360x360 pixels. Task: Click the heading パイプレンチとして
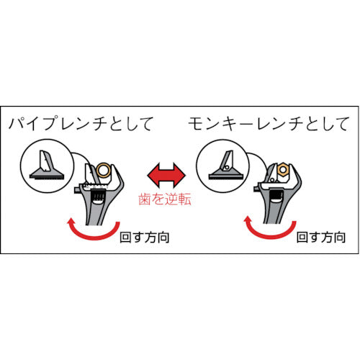(x=81, y=123)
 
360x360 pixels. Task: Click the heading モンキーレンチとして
(x=268, y=124)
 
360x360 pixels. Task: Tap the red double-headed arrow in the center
(x=166, y=176)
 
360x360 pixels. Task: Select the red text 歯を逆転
(x=165, y=199)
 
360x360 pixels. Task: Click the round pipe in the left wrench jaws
(x=104, y=171)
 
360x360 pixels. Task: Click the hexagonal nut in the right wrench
(x=283, y=169)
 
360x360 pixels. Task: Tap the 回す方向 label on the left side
(x=145, y=238)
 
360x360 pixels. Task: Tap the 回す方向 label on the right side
(x=321, y=238)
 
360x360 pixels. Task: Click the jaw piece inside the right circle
(x=225, y=166)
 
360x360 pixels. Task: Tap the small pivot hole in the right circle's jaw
(x=228, y=166)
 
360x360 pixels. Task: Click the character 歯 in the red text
(x=145, y=199)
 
